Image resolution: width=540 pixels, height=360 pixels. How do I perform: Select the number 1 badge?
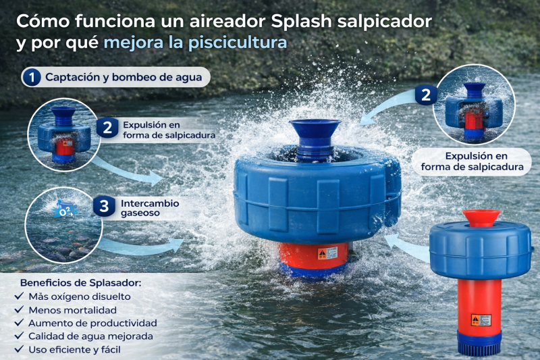30,77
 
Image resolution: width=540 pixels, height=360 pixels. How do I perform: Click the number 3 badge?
103,207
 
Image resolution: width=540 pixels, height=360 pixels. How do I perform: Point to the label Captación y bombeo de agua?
124,77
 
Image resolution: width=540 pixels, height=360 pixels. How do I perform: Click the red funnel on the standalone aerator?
481,218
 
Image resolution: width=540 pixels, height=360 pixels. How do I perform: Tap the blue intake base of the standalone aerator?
481,341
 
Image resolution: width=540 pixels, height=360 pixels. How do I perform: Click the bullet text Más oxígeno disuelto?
80,296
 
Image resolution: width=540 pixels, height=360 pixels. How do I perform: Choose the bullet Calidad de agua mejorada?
90,336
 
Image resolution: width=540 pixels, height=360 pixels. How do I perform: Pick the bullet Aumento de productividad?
92,323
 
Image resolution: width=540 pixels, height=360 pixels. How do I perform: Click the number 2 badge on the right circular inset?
425,95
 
